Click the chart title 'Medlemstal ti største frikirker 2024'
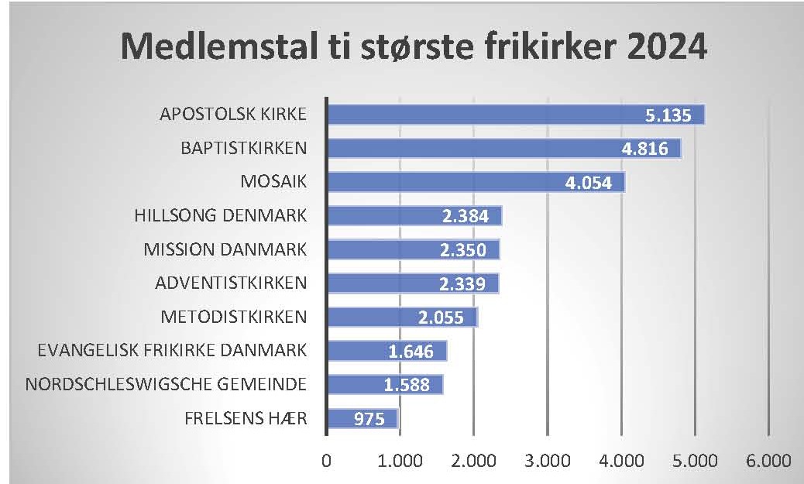point(414,48)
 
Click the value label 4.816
point(644,149)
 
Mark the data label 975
point(366,419)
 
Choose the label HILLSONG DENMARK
point(221,215)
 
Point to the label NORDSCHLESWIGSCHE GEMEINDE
point(166,384)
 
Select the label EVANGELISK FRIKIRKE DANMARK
point(172,350)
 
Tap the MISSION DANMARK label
point(225,249)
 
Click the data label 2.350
point(462,250)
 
